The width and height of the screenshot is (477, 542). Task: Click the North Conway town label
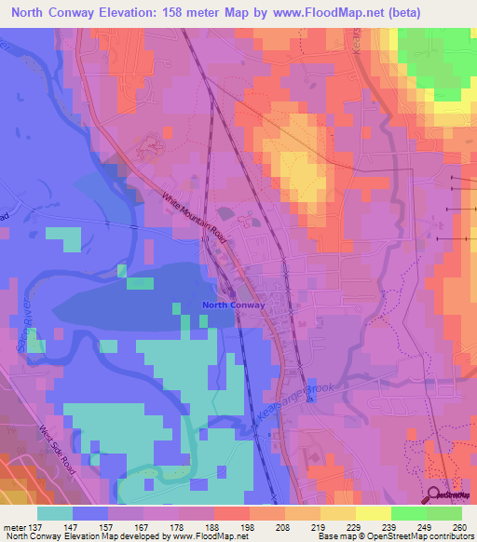[x=234, y=305]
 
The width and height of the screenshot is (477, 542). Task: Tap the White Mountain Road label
[x=196, y=218]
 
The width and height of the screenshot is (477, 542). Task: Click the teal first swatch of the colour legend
[x=55, y=512]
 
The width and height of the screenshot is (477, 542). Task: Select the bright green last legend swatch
[x=444, y=512]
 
